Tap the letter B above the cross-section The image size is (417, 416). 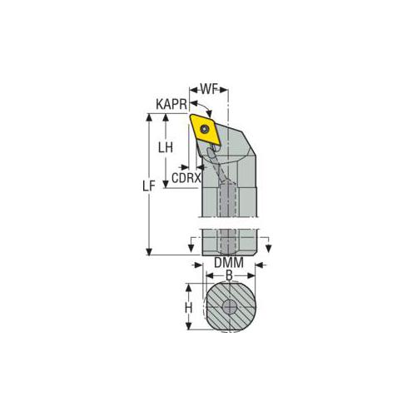[x=227, y=273]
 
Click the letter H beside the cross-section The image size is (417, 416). [x=189, y=307]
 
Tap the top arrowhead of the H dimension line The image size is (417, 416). [x=188, y=286]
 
